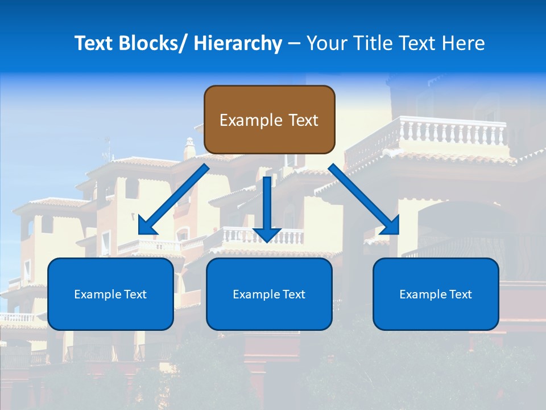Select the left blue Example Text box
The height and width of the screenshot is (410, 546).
click(x=110, y=294)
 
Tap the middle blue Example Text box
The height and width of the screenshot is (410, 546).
click(x=269, y=294)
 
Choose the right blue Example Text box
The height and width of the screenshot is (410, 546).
click(x=436, y=294)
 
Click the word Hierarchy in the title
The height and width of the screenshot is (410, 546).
click(x=238, y=43)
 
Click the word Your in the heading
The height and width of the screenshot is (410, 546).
click(x=326, y=43)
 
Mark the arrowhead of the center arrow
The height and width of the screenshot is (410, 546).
click(x=267, y=233)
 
